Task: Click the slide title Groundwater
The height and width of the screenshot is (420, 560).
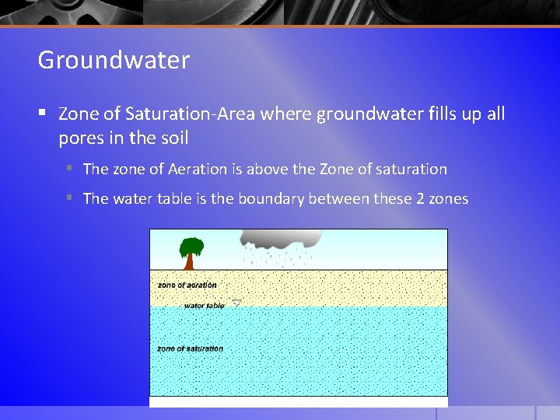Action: [114, 60]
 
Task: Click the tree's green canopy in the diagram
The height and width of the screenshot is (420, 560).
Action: [191, 246]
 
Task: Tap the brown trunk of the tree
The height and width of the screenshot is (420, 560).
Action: [189, 263]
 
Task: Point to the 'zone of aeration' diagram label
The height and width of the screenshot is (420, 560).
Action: [187, 285]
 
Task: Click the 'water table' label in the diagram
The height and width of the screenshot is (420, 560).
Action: [204, 306]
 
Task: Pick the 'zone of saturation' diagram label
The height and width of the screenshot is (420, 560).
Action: [190, 348]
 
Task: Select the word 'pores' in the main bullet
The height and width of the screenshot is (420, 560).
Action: [81, 138]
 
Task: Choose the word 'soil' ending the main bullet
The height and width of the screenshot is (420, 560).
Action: [173, 138]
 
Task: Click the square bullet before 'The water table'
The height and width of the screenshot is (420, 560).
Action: [69, 198]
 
